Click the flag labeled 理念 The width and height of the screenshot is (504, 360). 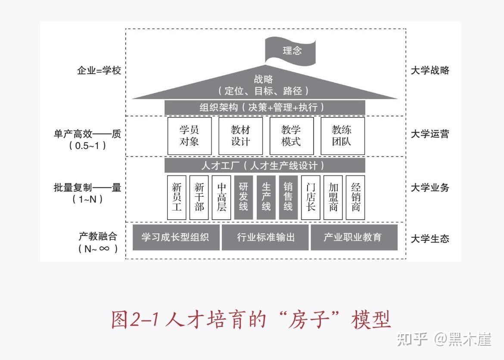click(x=290, y=51)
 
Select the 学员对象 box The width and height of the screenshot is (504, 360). click(x=189, y=136)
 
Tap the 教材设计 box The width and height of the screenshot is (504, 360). click(x=240, y=136)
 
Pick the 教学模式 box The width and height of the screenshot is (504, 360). click(x=291, y=136)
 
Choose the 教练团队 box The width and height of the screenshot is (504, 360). click(x=342, y=136)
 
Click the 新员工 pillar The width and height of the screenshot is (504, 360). click(x=177, y=197)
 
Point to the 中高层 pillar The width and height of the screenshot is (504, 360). click(x=221, y=197)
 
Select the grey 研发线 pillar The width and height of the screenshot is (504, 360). click(x=244, y=197)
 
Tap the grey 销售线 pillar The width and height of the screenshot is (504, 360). click(x=288, y=197)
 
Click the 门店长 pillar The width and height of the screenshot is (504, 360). click(x=311, y=197)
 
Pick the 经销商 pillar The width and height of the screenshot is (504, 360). click(x=355, y=197)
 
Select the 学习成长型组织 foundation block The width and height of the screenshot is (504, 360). click(x=176, y=237)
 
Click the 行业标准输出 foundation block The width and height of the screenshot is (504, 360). click(x=265, y=237)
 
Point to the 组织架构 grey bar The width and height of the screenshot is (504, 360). click(x=264, y=107)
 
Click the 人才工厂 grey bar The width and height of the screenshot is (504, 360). click(x=264, y=165)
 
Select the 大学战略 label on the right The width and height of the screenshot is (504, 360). click(x=429, y=70)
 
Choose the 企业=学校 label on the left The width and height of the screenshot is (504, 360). click(x=99, y=70)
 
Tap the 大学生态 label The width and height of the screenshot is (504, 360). click(x=429, y=239)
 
